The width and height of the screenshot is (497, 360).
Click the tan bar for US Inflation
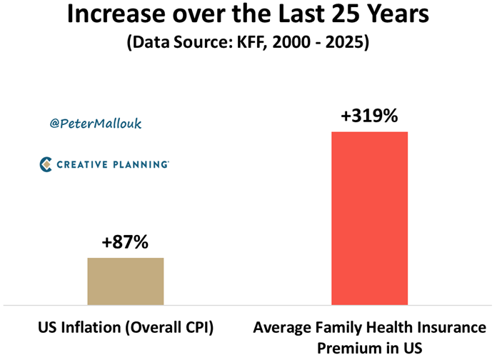coord(126,281)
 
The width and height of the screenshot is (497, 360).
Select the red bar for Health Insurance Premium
coord(369,219)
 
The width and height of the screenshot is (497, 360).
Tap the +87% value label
coord(125,242)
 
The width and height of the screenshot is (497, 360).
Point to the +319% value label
coord(369,116)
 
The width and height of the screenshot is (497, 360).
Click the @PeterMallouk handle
coord(96,124)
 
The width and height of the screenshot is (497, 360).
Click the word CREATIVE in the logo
coord(83,164)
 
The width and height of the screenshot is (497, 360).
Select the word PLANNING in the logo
coord(140,164)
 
